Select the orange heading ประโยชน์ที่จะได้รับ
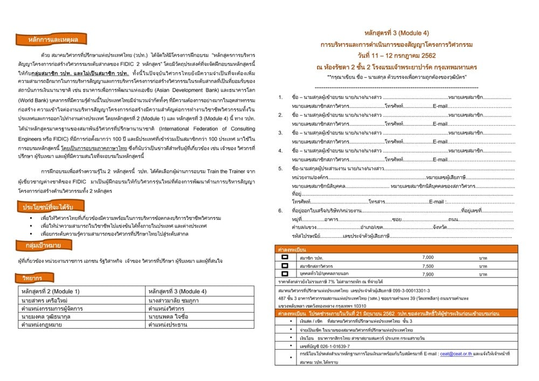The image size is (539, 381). click(46, 207)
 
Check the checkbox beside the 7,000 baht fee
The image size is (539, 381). click(285, 258)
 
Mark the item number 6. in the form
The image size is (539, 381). click(280, 210)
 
